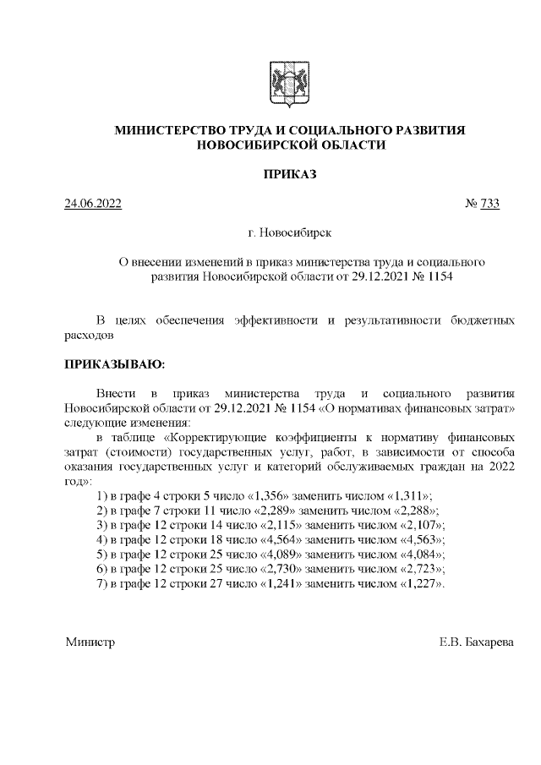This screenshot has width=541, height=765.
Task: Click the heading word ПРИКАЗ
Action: (x=290, y=174)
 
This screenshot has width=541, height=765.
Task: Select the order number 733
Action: (x=489, y=203)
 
